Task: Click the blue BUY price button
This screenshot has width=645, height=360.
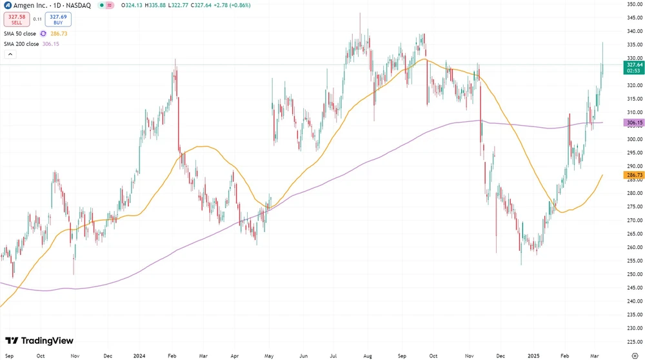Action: click(x=58, y=19)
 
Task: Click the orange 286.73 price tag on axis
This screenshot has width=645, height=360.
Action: click(x=635, y=175)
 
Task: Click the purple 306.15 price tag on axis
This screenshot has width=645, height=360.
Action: click(x=635, y=123)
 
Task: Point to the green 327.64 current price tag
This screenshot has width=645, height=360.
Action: click(x=635, y=65)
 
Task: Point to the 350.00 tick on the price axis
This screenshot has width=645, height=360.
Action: click(x=635, y=4)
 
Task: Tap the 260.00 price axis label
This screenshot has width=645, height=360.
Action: click(x=635, y=247)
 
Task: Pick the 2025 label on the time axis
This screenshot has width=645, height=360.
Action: click(x=534, y=355)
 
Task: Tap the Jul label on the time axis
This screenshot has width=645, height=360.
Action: click(x=334, y=355)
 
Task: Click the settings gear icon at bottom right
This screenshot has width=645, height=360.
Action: click(x=635, y=355)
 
